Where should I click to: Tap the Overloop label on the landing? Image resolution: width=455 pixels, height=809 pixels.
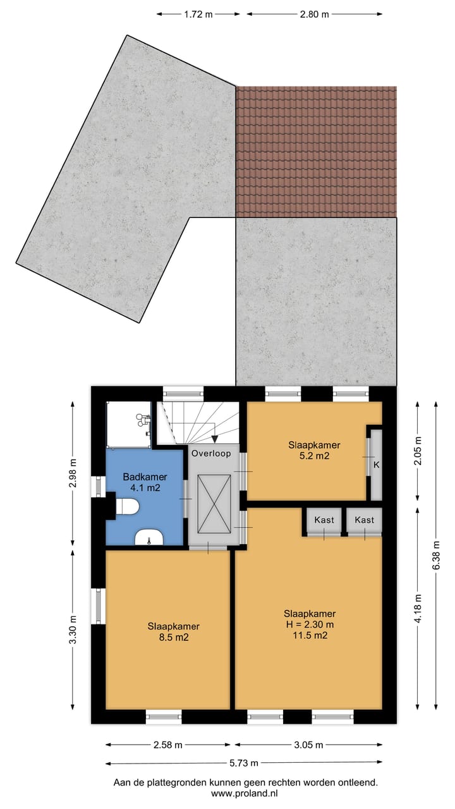pyautogui.click(x=212, y=453)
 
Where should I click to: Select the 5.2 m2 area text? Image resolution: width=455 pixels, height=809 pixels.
pyautogui.click(x=309, y=455)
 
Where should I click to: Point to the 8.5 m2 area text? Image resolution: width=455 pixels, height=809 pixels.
pyautogui.click(x=173, y=637)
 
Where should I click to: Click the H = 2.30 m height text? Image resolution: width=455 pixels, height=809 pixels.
pyautogui.click(x=309, y=624)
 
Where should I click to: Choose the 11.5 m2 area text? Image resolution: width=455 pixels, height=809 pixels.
pyautogui.click(x=309, y=636)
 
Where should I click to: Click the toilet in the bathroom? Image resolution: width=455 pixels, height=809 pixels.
pyautogui.click(x=128, y=507)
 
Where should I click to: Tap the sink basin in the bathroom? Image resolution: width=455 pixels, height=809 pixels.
pyautogui.click(x=150, y=537)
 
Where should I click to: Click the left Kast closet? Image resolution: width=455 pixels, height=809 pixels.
pyautogui.click(x=324, y=521)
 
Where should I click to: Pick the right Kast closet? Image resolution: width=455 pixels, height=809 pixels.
pyautogui.click(x=365, y=521)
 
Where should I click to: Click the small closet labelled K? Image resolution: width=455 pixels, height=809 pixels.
pyautogui.click(x=376, y=465)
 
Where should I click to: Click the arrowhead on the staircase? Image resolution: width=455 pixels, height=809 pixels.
pyautogui.click(x=215, y=439)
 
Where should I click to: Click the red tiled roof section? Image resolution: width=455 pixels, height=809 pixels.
pyautogui.click(x=316, y=152)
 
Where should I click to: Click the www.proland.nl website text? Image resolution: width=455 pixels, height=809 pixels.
pyautogui.click(x=245, y=793)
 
